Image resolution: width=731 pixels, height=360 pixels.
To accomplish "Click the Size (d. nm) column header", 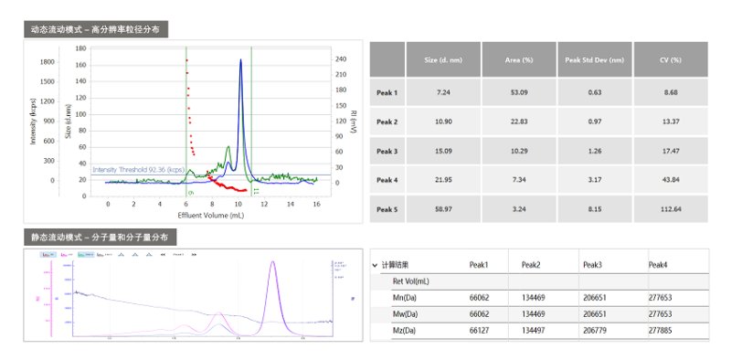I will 444,59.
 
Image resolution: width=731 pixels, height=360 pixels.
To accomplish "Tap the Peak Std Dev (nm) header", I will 594,59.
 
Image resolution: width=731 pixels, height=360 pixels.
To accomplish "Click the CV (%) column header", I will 671,59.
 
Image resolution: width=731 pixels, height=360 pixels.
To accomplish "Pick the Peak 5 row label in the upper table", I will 387,209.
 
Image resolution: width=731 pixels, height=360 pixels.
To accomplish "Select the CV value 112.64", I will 671,209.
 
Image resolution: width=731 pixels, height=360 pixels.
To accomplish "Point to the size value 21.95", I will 444,180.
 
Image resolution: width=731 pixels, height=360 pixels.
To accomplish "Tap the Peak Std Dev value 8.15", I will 594,209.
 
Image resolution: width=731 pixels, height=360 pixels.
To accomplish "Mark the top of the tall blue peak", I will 241,60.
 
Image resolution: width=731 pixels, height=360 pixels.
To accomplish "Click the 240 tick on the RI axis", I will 340,59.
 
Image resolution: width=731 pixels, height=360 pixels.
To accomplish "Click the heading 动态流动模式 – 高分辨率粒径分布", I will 95,29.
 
